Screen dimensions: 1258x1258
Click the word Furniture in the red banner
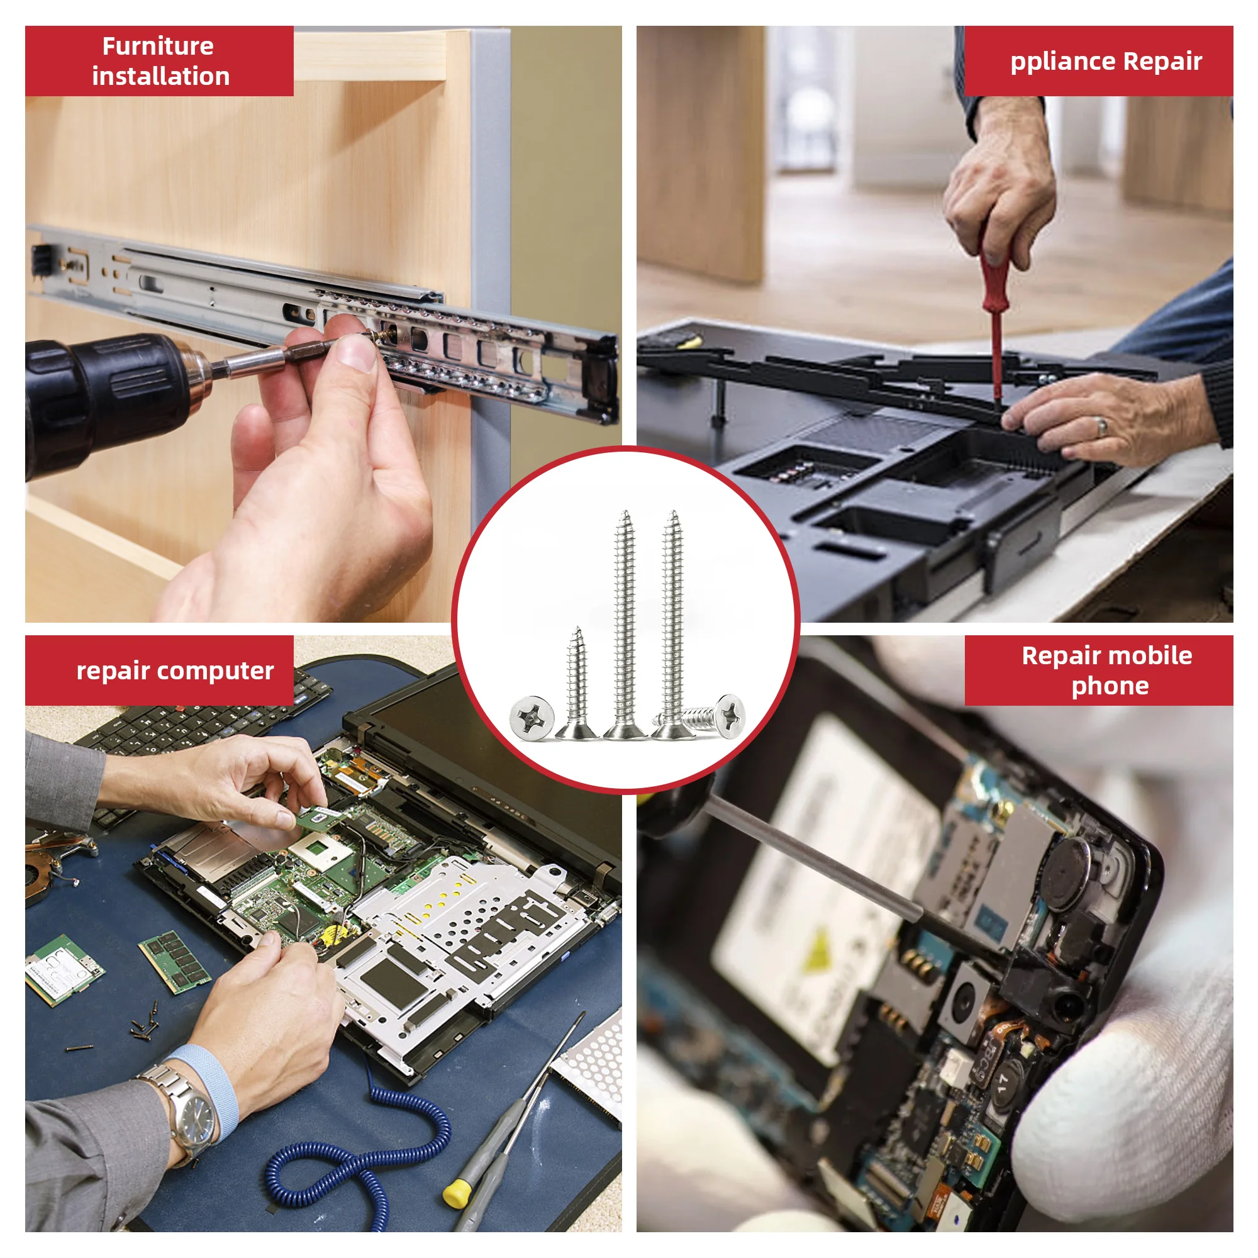click(158, 46)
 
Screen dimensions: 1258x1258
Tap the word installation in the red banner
click(161, 77)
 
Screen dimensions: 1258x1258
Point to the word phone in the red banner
click(1110, 686)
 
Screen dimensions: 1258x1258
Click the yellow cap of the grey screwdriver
click(457, 1191)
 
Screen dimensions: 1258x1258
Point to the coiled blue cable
click(365, 1166)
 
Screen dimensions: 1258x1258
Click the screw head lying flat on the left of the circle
click(532, 718)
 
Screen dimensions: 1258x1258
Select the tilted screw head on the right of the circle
click(729, 715)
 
